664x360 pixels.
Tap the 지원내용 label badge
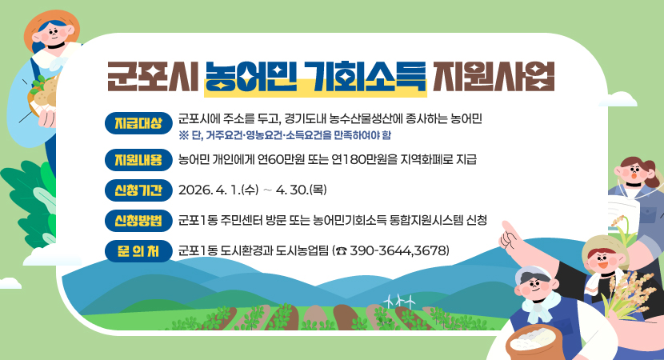click(134, 160)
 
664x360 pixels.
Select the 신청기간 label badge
click(134, 190)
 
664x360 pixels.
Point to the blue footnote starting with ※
click(285, 134)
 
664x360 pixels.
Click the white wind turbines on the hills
click(398, 300)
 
